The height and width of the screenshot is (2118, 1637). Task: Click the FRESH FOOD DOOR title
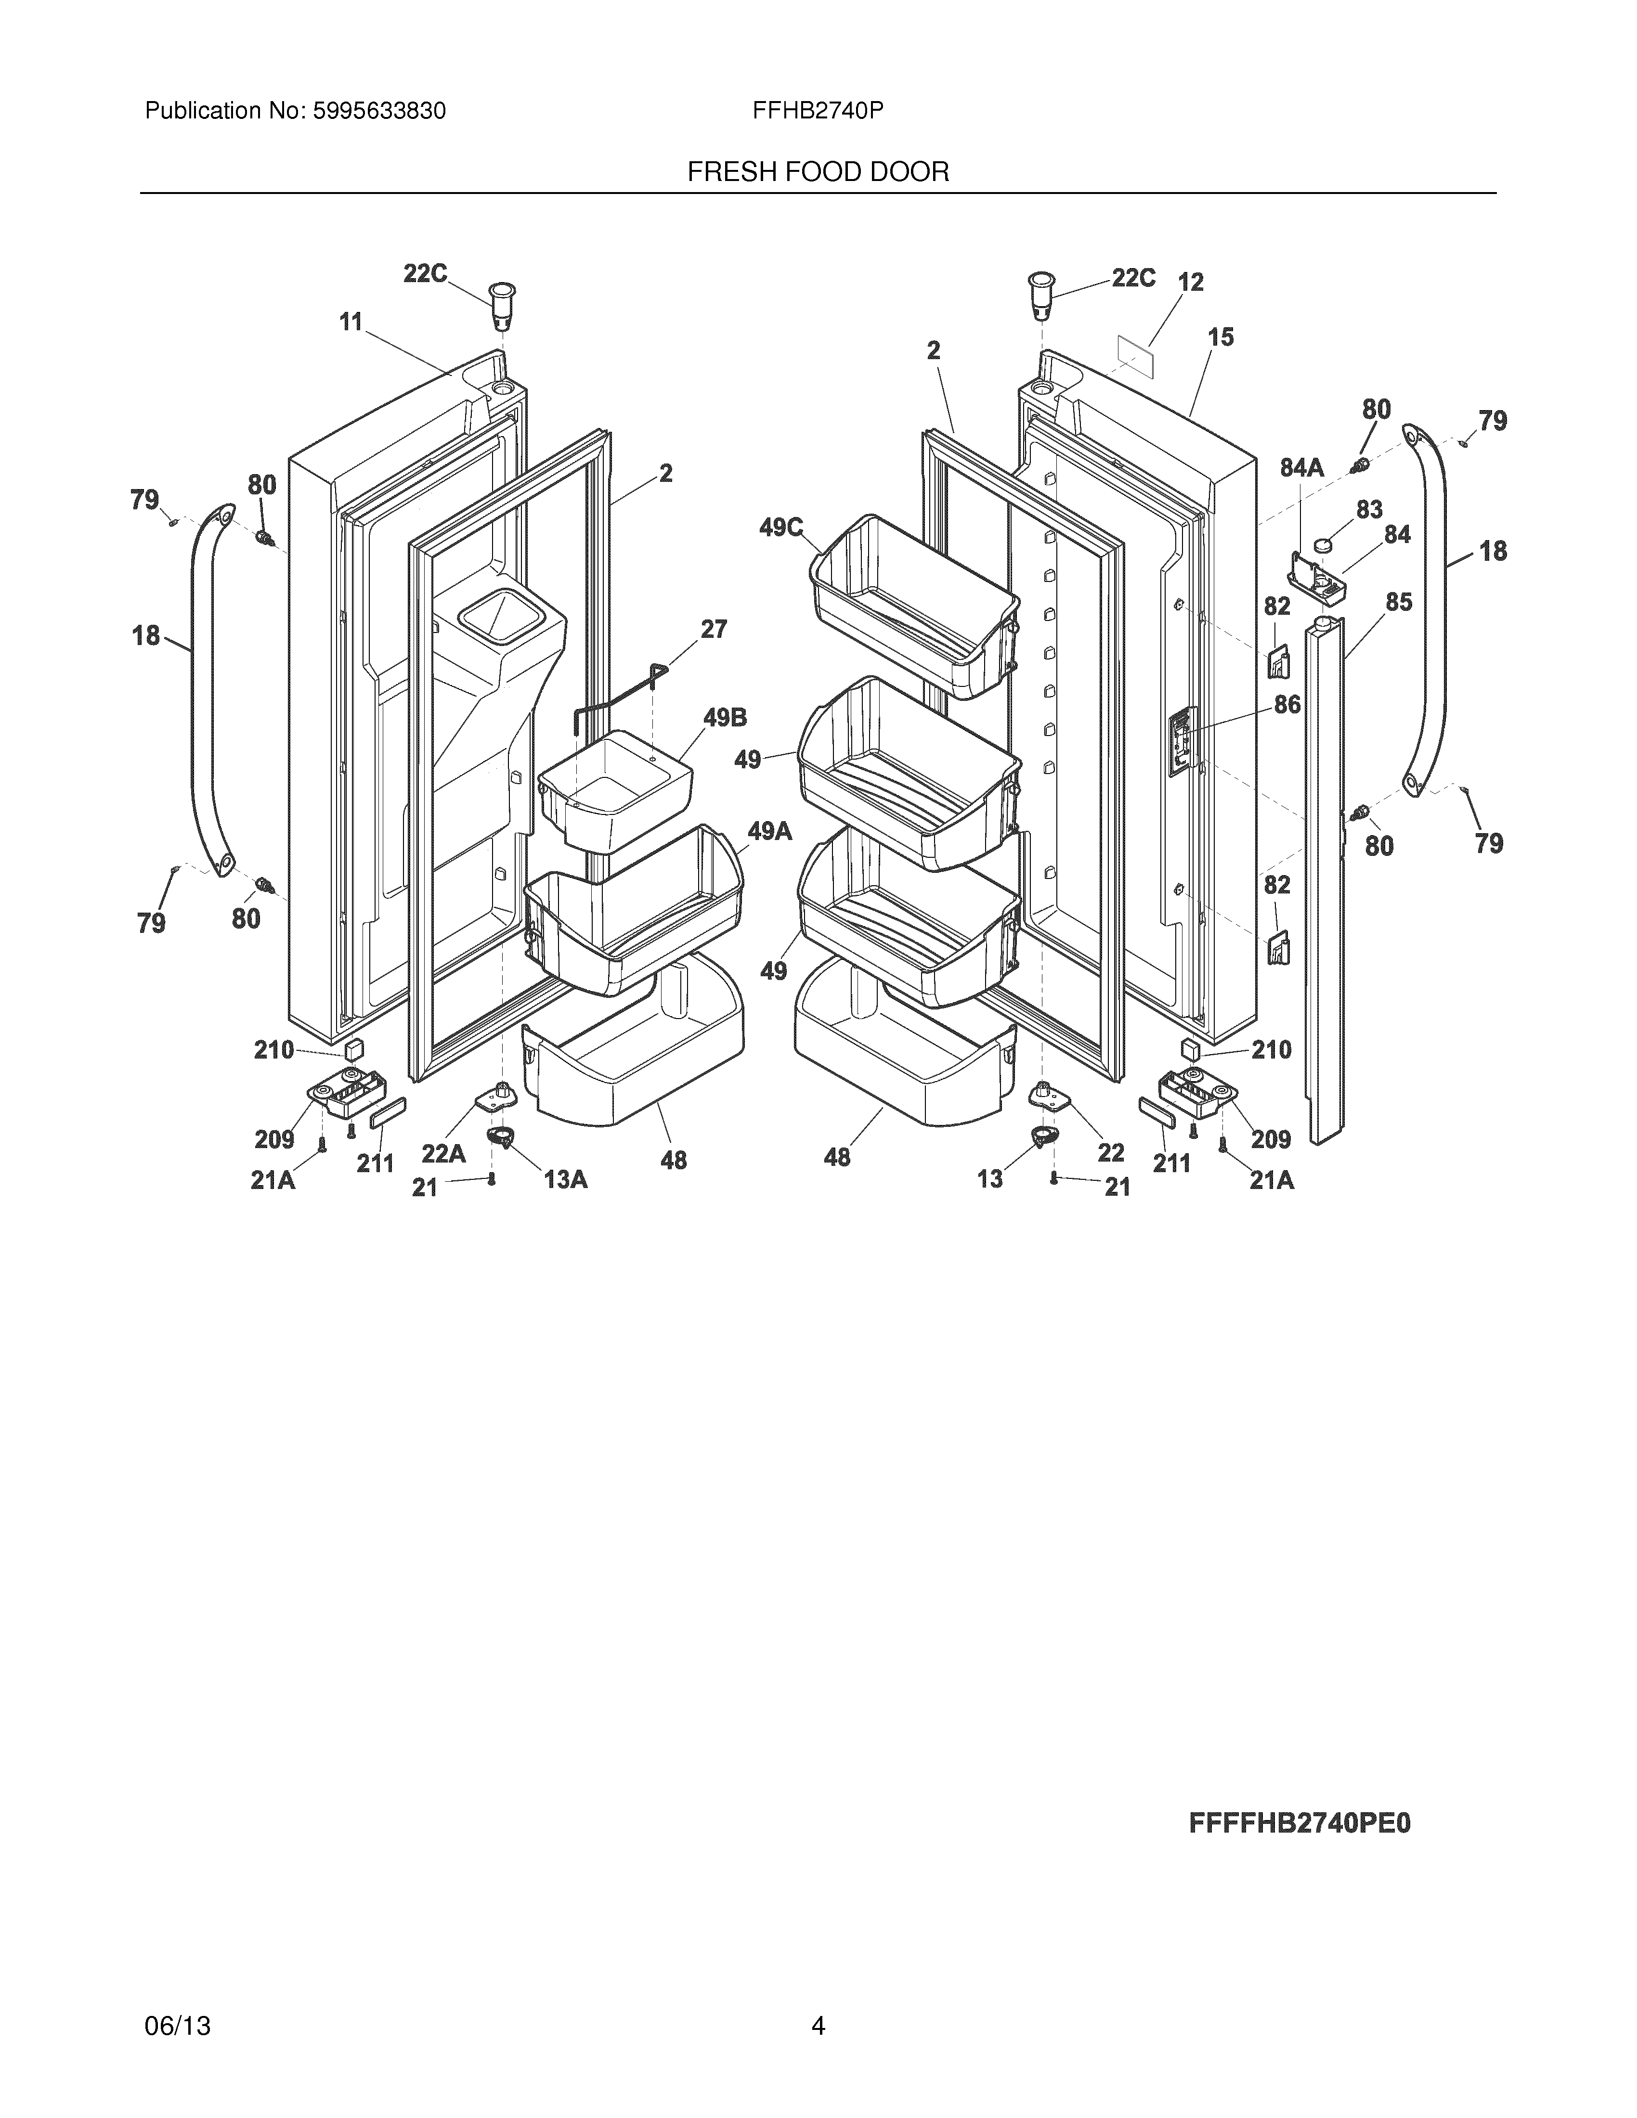[818, 173]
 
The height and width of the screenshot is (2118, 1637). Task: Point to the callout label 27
[714, 630]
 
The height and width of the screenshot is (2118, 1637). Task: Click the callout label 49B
[726, 718]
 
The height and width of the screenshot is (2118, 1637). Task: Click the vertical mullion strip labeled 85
[1326, 873]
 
